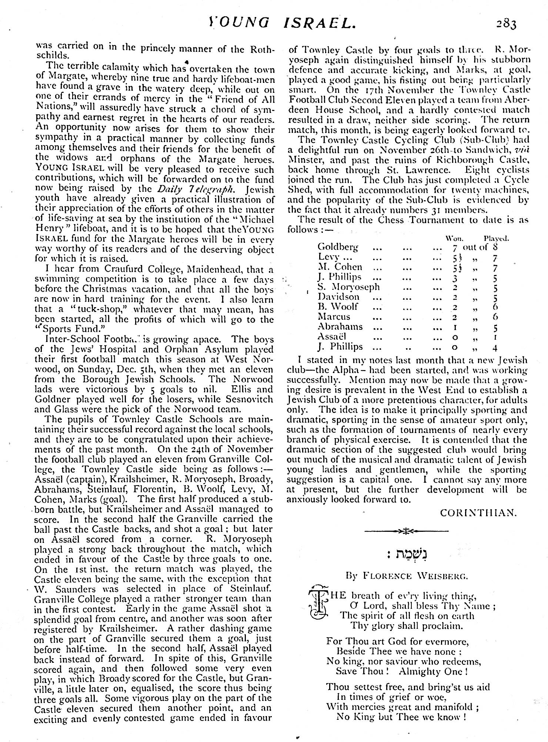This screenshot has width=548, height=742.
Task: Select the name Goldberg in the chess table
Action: click(x=338, y=247)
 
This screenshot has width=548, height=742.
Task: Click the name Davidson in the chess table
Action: click(x=338, y=297)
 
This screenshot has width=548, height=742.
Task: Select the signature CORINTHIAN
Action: click(x=478, y=513)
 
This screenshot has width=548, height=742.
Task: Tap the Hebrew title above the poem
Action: click(x=407, y=555)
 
